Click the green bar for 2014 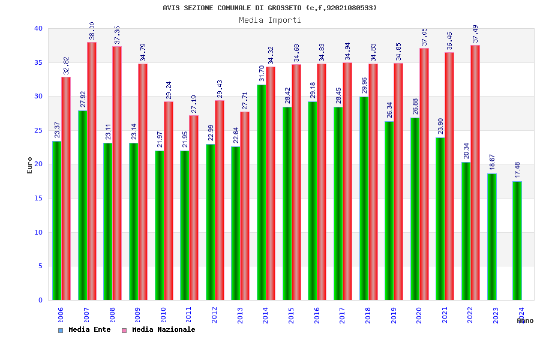tap(262, 192)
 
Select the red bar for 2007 tap(92, 171)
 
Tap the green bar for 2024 tap(517, 241)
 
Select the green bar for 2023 tap(492, 236)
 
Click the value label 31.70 tap(262, 73)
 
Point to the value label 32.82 tap(66, 65)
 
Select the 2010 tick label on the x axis tap(163, 316)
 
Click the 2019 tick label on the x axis tap(393, 316)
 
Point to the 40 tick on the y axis tap(38, 28)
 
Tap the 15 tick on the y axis tap(38, 198)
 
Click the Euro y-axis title tap(30, 165)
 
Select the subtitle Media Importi tap(270, 20)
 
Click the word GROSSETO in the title tap(281, 8)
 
